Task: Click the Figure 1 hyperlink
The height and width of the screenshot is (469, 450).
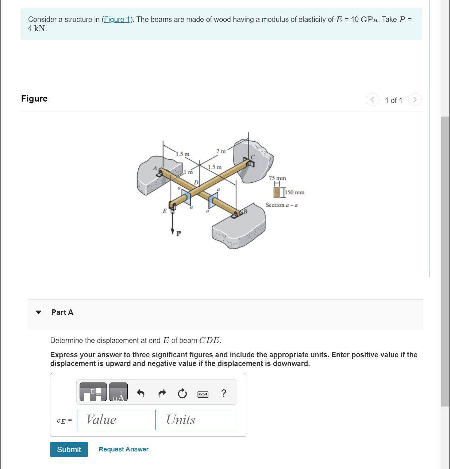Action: click(117, 19)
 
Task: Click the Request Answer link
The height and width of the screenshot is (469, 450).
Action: click(123, 449)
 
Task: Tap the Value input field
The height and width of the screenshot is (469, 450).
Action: click(116, 420)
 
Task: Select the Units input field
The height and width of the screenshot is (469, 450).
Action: click(196, 420)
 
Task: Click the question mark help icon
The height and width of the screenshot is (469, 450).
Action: click(224, 393)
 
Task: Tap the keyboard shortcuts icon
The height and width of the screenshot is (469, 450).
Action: click(203, 394)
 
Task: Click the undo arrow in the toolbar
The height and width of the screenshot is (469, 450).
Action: click(141, 393)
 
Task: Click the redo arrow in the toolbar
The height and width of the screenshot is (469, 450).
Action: click(162, 393)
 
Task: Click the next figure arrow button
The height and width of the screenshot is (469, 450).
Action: click(415, 100)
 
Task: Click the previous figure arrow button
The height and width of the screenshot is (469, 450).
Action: click(372, 100)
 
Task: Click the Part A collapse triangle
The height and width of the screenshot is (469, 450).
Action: click(39, 312)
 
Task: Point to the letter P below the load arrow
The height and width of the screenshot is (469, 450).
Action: click(178, 233)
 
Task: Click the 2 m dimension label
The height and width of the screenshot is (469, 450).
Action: click(221, 151)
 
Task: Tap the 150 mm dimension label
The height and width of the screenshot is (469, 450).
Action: click(295, 192)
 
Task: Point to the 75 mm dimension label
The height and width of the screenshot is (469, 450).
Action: click(277, 178)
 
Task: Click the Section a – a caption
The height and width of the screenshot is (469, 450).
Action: click(281, 205)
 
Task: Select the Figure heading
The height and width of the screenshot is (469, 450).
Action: click(34, 99)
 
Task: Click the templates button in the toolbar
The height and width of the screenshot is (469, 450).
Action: click(93, 392)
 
